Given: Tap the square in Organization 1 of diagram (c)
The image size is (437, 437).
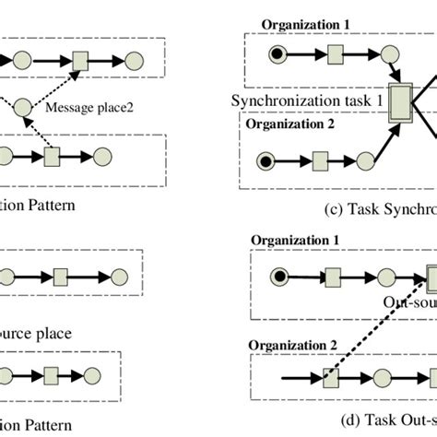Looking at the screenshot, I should click(334, 56).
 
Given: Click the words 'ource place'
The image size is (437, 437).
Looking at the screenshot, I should click(36, 332).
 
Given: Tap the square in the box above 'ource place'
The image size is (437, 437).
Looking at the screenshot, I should click(61, 275).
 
